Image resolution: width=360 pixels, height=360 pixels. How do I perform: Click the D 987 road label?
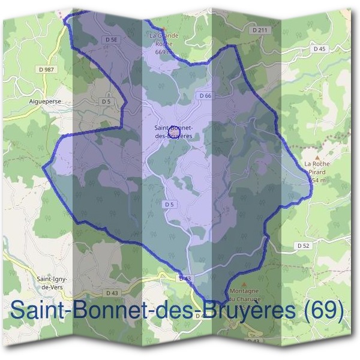(45, 70)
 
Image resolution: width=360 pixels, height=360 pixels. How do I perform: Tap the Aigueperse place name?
(45, 102)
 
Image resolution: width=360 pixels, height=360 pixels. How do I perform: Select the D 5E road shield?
(110, 40)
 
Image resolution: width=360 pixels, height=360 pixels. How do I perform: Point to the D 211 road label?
(259, 29)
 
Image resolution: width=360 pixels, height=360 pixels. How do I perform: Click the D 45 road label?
(319, 49)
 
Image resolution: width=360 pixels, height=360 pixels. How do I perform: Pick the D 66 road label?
(205, 96)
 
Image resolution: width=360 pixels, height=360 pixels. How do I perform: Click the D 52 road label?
(302, 245)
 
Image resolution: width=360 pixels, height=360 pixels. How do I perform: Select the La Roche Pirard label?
(317, 167)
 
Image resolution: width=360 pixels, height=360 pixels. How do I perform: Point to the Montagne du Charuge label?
(243, 294)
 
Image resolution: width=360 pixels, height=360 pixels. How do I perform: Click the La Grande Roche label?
(164, 40)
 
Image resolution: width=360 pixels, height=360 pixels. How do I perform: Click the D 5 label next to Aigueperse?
(106, 102)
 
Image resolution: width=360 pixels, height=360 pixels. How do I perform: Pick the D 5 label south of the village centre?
(169, 205)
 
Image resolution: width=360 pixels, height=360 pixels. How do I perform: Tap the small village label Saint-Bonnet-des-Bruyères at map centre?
(173, 132)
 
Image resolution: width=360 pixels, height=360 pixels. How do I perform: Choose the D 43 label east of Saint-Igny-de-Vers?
(112, 293)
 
